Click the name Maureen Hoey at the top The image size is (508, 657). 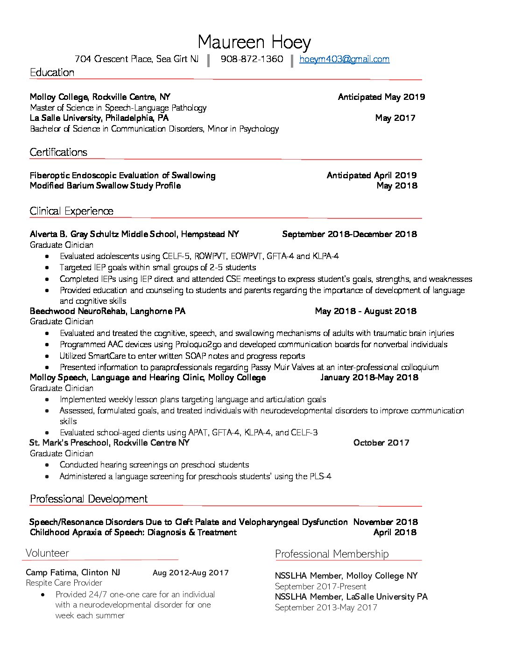(254, 42)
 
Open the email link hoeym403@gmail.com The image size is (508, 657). (344, 59)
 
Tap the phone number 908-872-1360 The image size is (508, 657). (252, 59)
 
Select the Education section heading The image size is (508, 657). (52, 72)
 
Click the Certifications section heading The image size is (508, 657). (58, 152)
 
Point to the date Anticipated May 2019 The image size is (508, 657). (381, 97)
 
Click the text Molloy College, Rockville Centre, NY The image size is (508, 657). (100, 97)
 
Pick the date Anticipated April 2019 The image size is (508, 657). (372, 175)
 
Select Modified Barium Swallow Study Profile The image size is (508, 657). (105, 186)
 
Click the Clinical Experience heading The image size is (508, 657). (71, 211)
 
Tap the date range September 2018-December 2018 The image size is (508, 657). (349, 234)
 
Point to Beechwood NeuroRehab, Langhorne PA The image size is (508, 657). (107, 311)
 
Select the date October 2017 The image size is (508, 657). (381, 443)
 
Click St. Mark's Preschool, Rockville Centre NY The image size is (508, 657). (109, 443)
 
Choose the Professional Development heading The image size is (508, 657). (89, 499)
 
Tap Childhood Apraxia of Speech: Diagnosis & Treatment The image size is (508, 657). (133, 532)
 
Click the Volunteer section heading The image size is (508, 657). (47, 553)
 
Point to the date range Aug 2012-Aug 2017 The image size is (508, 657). (190, 573)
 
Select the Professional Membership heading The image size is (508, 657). (332, 554)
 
